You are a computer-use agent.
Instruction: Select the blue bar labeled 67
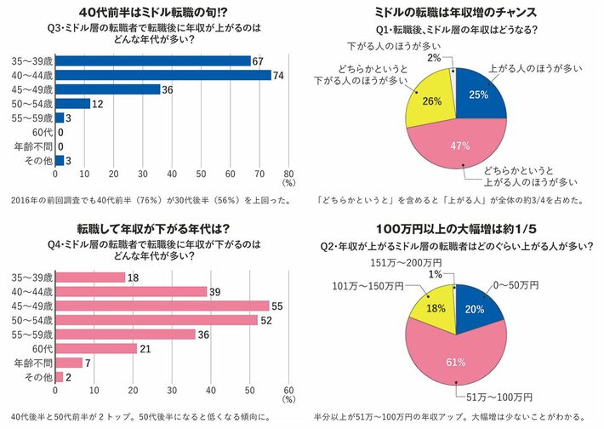point(153,60)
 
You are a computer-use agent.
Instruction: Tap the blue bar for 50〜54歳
point(72,104)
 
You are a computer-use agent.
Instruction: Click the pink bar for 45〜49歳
point(162,306)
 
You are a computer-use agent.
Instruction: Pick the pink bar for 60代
point(96,348)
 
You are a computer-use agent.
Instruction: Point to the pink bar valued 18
point(90,277)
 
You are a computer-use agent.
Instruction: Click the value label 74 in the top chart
point(278,75)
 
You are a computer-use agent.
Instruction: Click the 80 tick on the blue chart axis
point(288,170)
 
